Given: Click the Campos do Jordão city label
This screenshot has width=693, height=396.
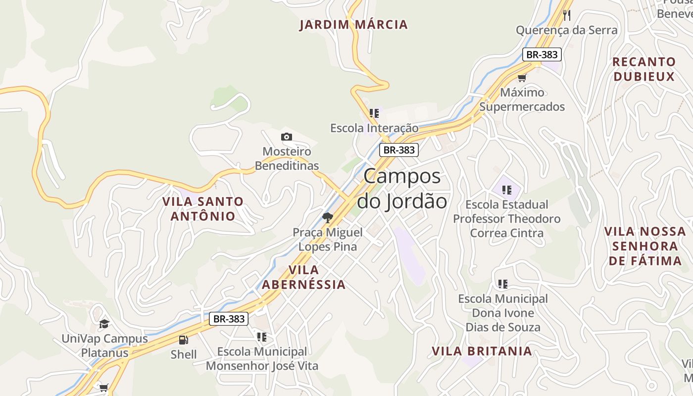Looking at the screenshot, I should (x=402, y=189).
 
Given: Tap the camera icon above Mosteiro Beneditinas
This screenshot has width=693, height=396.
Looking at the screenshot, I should (x=286, y=137).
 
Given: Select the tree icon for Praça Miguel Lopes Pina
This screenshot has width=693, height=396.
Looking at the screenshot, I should (x=327, y=217).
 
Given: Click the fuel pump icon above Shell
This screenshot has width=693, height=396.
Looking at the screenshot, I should (x=183, y=340).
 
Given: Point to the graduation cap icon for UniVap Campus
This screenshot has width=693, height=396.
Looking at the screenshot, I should (x=104, y=324).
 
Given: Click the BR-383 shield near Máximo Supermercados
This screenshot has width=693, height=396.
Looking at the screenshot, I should (x=542, y=54).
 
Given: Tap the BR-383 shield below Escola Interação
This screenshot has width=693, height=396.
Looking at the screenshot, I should (x=398, y=150).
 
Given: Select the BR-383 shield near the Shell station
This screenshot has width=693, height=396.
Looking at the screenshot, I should (x=228, y=319).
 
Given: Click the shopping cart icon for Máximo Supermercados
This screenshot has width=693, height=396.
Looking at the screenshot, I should (x=522, y=78).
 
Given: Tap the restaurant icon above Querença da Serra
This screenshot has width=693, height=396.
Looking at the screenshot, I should (x=567, y=15).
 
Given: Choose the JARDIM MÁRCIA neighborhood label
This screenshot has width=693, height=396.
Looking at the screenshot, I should (x=353, y=24).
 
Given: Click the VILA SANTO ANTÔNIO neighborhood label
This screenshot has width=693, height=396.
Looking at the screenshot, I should (x=203, y=208).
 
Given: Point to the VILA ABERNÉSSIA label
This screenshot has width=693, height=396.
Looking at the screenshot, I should (x=303, y=277).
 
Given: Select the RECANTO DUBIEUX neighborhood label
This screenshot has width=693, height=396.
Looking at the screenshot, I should (x=644, y=69).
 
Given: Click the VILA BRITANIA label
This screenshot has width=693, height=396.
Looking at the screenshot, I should (x=482, y=351).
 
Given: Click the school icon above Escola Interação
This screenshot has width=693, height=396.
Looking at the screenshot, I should (x=374, y=113).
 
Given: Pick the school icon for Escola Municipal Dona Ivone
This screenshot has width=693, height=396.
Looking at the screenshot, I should (x=503, y=284).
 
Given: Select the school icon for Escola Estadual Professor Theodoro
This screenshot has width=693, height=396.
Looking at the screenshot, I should (x=506, y=190).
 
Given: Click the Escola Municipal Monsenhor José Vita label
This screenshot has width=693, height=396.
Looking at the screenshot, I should (x=262, y=359).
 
